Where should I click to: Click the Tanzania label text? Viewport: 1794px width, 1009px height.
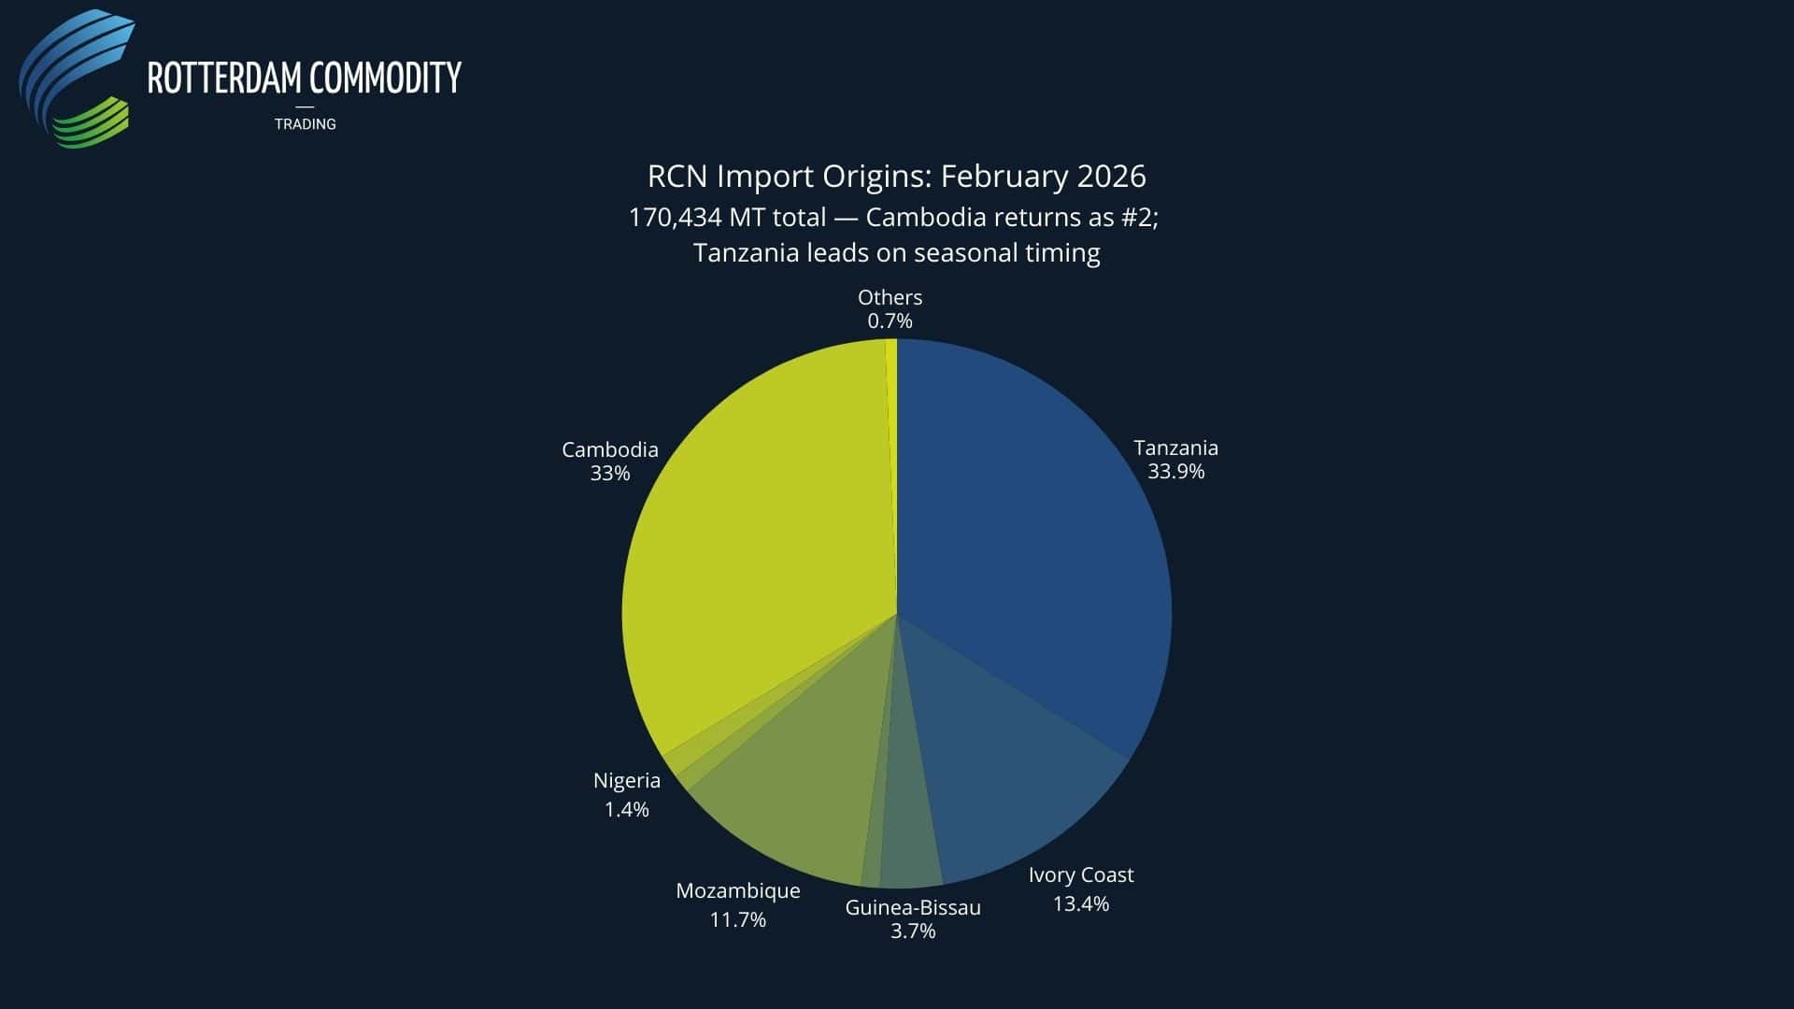(1175, 448)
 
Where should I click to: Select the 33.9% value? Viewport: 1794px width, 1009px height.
(1175, 472)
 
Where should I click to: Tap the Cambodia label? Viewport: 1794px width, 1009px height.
(609, 449)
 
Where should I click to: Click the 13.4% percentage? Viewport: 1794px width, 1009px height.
(1080, 903)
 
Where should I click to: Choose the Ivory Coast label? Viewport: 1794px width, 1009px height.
(1080, 875)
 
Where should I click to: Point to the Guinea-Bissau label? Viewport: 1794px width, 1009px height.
(912, 907)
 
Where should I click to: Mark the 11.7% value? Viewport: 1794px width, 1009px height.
(737, 919)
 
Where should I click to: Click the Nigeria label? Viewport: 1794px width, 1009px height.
(626, 780)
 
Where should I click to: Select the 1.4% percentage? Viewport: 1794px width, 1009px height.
(626, 809)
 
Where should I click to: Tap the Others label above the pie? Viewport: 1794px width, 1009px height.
(890, 297)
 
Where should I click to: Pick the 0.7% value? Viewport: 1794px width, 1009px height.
(890, 321)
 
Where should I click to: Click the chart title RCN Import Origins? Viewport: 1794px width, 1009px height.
(896, 176)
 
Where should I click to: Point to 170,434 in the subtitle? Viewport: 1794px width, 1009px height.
(675, 218)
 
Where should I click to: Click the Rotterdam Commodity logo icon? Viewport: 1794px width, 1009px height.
(77, 79)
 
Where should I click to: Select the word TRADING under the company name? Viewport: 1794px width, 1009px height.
(305, 124)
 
